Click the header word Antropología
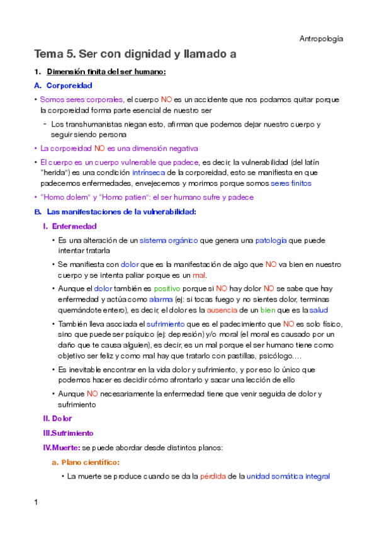point(321,39)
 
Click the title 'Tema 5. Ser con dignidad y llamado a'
point(135,55)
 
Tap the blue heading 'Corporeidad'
point(69,86)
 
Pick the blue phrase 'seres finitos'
point(291,183)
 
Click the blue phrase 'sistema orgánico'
point(169,241)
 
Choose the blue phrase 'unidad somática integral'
point(288,477)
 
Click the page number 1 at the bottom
point(37,503)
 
